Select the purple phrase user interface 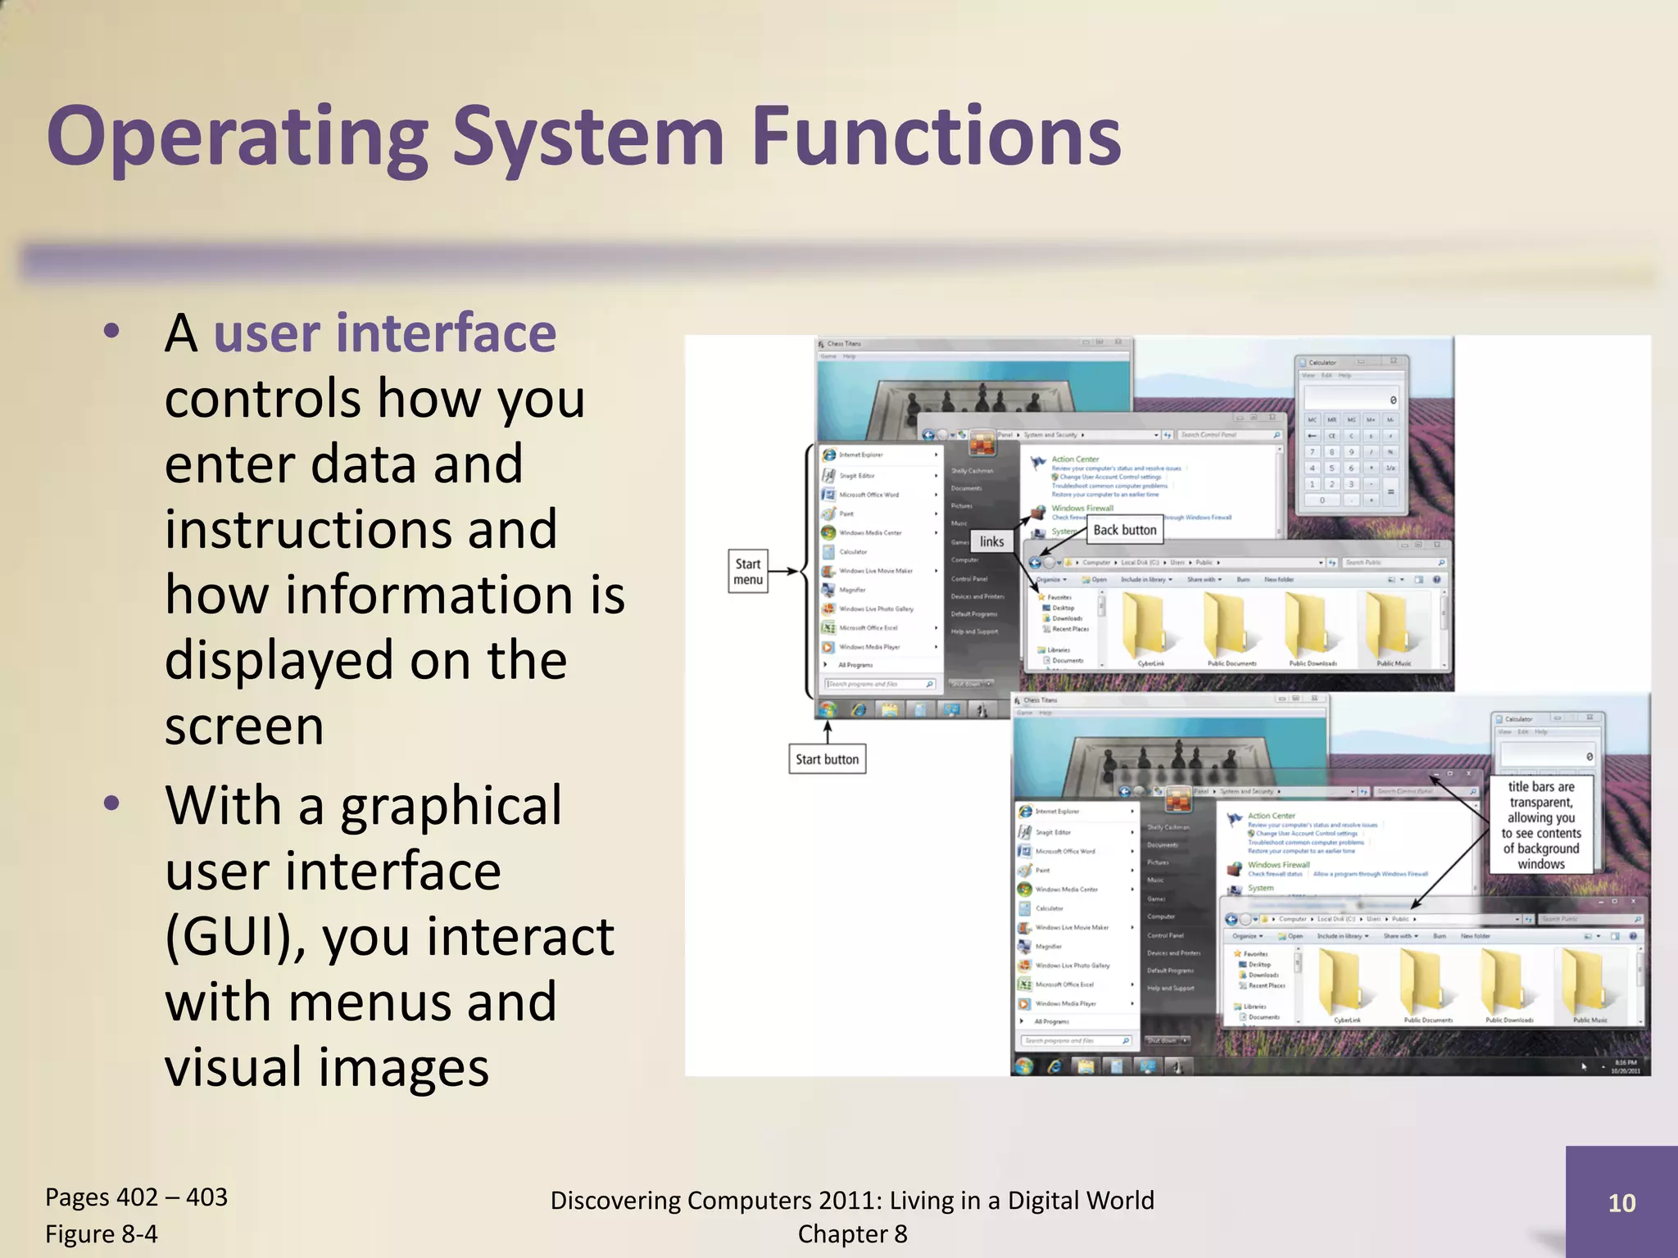384,333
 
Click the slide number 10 1621,1203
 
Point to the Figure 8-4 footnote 102,1233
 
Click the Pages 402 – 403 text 136,1197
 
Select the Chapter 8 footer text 852,1233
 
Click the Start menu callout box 748,572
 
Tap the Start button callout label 827,759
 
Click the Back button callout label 1124,530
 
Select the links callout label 991,541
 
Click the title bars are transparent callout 1541,825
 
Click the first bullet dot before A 112,333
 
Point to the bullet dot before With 112,803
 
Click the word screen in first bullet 244,726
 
